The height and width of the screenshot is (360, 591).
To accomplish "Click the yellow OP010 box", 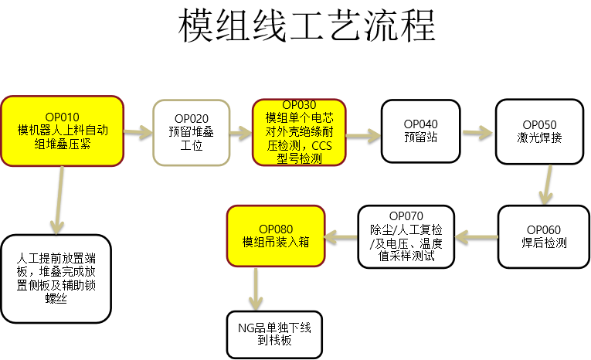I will (x=62, y=131).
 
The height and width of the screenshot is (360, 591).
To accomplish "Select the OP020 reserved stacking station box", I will (x=191, y=132).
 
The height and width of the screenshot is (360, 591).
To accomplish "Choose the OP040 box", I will (x=420, y=131).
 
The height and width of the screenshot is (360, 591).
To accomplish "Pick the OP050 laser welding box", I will (x=538, y=131).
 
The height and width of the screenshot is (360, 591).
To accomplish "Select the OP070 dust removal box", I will (x=406, y=236).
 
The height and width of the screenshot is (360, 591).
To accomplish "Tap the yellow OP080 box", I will (x=276, y=235).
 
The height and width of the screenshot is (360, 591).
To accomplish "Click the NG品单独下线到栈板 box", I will (x=274, y=334).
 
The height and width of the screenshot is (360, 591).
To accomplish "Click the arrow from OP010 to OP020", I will (x=138, y=132).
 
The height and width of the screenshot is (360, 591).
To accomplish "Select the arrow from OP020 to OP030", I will (x=241, y=132).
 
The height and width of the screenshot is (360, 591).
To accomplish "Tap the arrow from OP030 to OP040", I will (x=364, y=136).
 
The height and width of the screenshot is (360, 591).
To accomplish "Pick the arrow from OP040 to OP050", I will (x=477, y=133).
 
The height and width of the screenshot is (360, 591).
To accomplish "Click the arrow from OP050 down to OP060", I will (x=546, y=184).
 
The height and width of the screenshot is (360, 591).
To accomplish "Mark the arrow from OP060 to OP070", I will (x=476, y=236).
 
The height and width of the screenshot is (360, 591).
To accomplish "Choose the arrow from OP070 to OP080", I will (x=342, y=236).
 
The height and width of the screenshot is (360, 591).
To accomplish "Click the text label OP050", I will (x=539, y=124).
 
